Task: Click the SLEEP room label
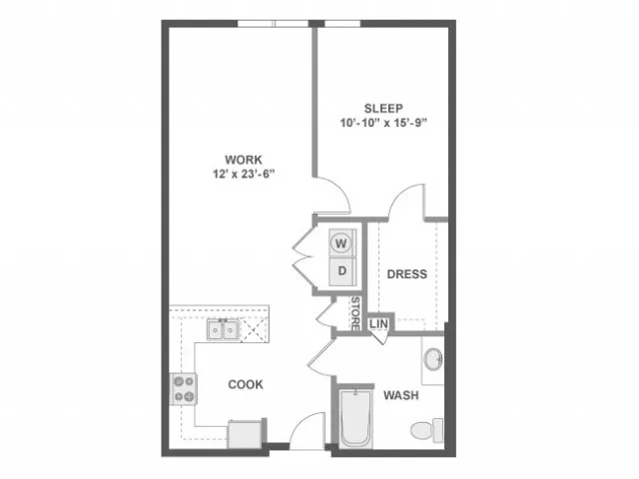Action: point(383,109)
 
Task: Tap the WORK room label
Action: point(244,160)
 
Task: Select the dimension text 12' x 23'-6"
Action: point(244,175)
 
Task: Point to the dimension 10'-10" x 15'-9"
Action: point(383,123)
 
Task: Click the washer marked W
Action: point(341,243)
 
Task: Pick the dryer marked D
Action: point(342,270)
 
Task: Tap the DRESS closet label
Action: point(407,274)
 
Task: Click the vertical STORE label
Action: point(355,313)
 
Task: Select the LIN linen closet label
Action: point(378,324)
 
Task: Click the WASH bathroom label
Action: point(401,395)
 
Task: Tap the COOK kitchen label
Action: point(246,384)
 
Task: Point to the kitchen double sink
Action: point(223,330)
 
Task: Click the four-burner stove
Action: point(184,389)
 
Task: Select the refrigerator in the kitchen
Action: point(246,434)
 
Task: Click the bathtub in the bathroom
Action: point(355,418)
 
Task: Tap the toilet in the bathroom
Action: point(426,430)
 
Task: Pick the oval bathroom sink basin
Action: point(433,359)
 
